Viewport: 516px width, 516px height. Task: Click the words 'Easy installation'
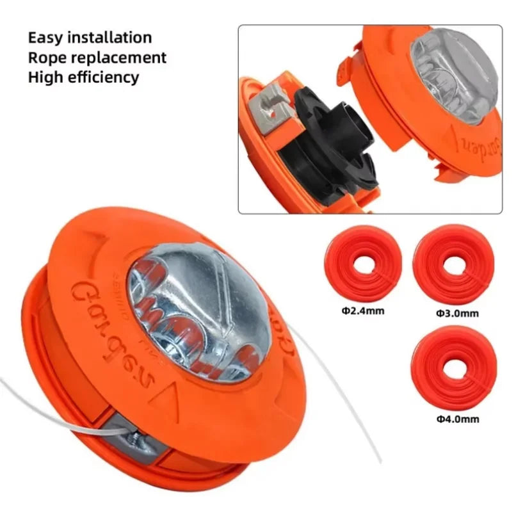pyautogui.click(x=90, y=37)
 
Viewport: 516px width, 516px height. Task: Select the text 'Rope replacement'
pyautogui.click(x=97, y=58)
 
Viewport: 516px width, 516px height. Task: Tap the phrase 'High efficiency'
pyautogui.click(x=83, y=78)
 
